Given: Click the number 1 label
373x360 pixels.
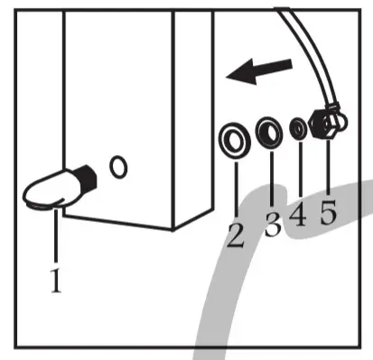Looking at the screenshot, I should (x=56, y=282).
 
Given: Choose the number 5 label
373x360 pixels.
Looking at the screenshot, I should (x=328, y=214).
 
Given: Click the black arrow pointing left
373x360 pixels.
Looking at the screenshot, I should (x=261, y=71).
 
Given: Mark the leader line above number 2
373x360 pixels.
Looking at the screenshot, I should (x=237, y=185).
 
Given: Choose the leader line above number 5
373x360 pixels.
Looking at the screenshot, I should (x=325, y=167).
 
